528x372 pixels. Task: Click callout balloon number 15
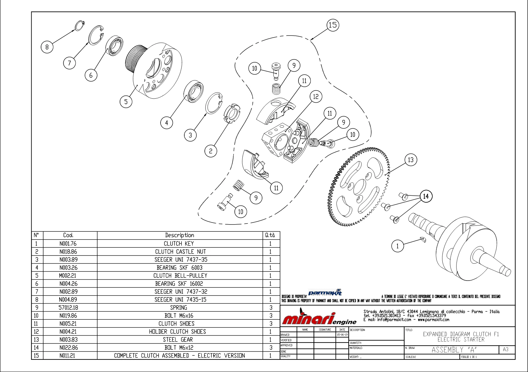(333, 25)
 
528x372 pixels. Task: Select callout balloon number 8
(47, 47)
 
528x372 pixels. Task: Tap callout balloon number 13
(411, 160)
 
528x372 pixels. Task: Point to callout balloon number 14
(426, 196)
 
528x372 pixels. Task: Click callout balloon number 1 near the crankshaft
(398, 246)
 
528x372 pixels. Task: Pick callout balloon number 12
(316, 96)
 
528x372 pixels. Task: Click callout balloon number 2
(211, 151)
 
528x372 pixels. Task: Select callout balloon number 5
(126, 101)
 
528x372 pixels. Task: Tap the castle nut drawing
(233, 113)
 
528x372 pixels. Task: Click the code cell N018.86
(68, 251)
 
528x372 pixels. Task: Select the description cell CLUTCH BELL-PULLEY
(180, 276)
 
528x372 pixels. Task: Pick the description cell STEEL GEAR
(178, 339)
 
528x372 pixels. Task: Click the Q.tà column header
(270, 235)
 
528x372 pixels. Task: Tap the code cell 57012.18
(68, 307)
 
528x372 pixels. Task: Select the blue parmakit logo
(325, 292)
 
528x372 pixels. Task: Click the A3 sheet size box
(505, 349)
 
